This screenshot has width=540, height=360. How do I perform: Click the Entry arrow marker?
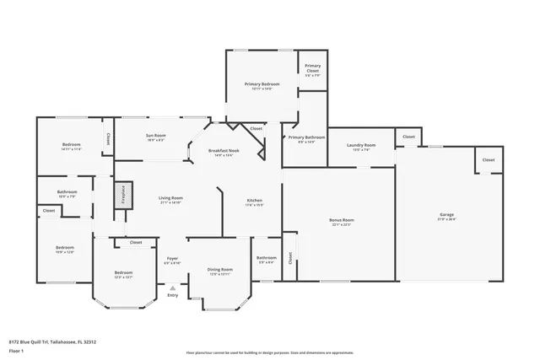coord(173,288)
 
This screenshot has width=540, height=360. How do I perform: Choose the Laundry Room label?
coord(361,145)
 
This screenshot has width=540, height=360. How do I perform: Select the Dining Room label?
coord(219,270)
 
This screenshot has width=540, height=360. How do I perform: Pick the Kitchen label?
coord(254,201)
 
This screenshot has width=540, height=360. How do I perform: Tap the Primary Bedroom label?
coord(262,85)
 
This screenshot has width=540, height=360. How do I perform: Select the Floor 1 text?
coord(16,350)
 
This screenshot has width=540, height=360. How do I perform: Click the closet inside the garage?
coord(489,159)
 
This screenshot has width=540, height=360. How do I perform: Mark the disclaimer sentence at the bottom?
coord(269,352)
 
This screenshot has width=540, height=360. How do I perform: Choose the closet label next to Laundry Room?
coord(408,136)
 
